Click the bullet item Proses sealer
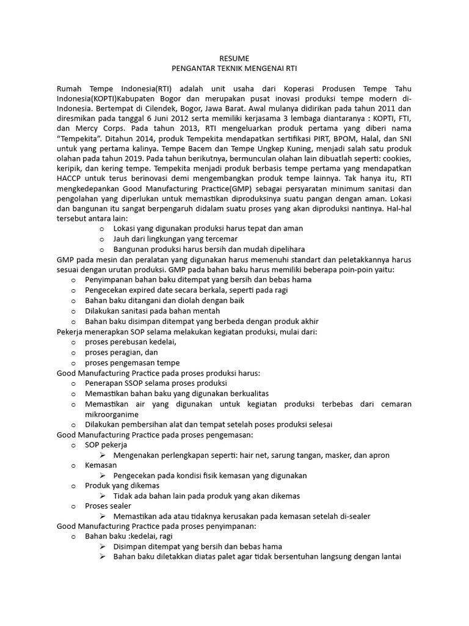coord(108,506)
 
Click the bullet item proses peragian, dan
coord(122,352)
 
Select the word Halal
coord(352,140)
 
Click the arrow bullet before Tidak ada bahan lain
coord(103,496)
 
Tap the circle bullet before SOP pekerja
coord(73,445)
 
